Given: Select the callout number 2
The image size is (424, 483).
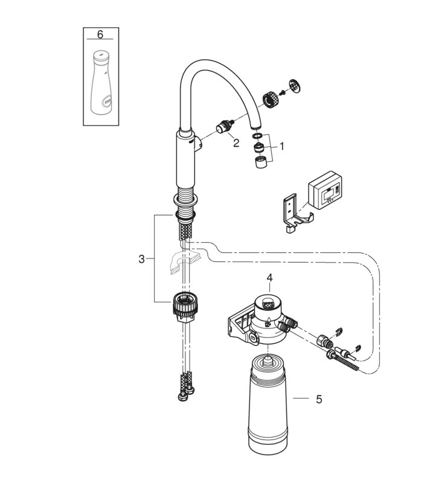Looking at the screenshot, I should pos(236,142).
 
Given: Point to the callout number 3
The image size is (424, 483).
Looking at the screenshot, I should pos(141,259).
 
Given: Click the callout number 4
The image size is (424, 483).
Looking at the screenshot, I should pos(271,278).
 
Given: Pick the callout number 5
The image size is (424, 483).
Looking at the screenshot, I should pos(319,398).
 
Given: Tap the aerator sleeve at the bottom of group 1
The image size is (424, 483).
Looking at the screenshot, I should pos(261,162).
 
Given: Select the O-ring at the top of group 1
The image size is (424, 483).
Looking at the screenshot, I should pos(258,136).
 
